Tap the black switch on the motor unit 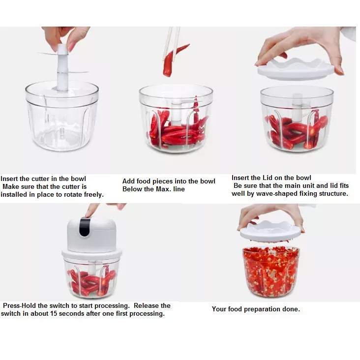pos(85,227)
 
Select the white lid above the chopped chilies pos(270,231)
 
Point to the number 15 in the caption pos(54,313)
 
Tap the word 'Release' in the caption pos(146,305)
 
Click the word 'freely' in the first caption pos(93,195)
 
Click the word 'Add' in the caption pos(128,181)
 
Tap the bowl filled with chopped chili pos(271,271)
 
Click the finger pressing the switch pos(91,210)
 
